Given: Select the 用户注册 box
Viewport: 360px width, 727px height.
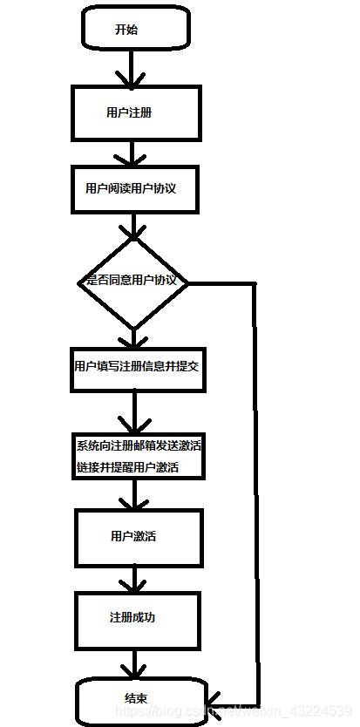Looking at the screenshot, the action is point(136,112).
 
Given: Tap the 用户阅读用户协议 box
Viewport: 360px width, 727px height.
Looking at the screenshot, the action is point(135,188).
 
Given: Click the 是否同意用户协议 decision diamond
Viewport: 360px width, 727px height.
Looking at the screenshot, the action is point(133,282).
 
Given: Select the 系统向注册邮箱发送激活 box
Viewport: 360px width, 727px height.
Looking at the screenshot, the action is point(138,456).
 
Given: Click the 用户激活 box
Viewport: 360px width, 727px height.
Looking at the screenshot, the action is point(139,538).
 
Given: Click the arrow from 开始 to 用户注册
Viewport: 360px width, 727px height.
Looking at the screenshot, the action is point(132,67).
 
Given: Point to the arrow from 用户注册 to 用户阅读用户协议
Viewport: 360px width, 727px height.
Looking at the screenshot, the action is point(132,153).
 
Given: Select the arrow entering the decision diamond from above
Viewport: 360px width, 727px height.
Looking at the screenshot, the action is point(133,227).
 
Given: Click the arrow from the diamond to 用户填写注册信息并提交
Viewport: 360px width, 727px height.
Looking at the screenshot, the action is point(133,338).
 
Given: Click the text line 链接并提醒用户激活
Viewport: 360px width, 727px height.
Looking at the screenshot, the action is point(127,467).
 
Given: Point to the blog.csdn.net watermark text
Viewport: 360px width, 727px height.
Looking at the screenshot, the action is point(233,710).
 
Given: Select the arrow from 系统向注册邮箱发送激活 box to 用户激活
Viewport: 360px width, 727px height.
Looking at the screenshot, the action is point(135,494).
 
